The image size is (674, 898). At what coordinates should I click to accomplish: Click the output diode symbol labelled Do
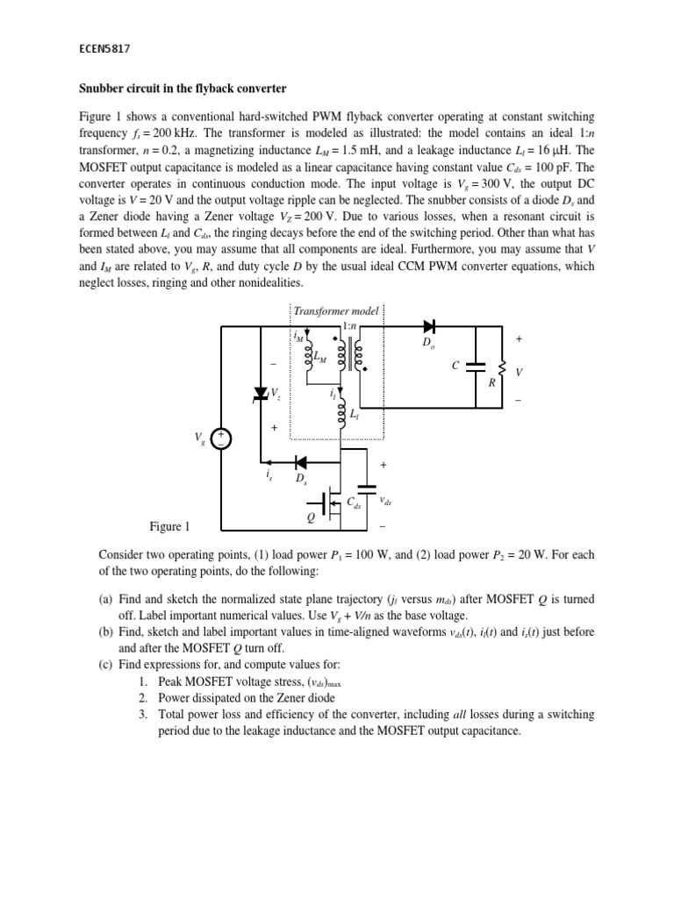point(429,327)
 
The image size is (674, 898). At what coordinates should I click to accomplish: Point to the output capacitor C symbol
point(475,366)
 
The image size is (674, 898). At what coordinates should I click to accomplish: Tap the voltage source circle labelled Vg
point(220,438)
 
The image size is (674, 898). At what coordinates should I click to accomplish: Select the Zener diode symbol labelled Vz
point(261,395)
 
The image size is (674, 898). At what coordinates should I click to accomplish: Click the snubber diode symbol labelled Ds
point(300,461)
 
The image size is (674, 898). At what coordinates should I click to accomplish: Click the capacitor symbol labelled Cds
point(368,487)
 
